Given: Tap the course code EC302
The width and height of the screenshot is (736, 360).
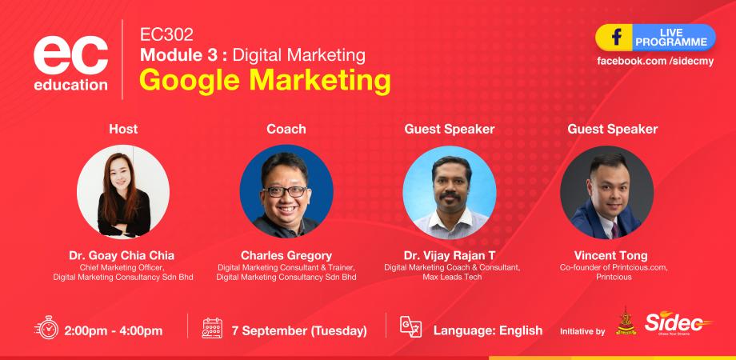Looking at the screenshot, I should pyautogui.click(x=166, y=34).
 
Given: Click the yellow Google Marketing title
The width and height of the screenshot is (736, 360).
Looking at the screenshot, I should pyautogui.click(x=264, y=80).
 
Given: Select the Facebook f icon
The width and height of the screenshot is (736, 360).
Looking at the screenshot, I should pyautogui.click(x=617, y=37).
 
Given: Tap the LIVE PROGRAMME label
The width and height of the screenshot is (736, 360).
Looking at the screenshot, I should pyautogui.click(x=671, y=37).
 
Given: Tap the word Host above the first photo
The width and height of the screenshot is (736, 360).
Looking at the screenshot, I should pyautogui.click(x=123, y=128).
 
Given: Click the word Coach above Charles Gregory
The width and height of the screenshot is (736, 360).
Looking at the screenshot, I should pyautogui.click(x=286, y=128).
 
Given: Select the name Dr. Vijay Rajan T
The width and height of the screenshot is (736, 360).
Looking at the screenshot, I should pyautogui.click(x=450, y=255).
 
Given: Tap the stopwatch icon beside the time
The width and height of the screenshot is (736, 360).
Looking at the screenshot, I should pyautogui.click(x=46, y=329).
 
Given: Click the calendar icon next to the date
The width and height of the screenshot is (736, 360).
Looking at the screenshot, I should pyautogui.click(x=213, y=329).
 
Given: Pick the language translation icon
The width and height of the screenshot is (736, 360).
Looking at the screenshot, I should pyautogui.click(x=410, y=329).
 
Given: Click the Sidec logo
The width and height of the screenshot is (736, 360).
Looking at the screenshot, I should pyautogui.click(x=678, y=324).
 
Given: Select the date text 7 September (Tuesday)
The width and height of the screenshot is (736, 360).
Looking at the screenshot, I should pyautogui.click(x=298, y=330).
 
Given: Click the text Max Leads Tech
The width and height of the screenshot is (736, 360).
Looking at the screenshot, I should pyautogui.click(x=450, y=277).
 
